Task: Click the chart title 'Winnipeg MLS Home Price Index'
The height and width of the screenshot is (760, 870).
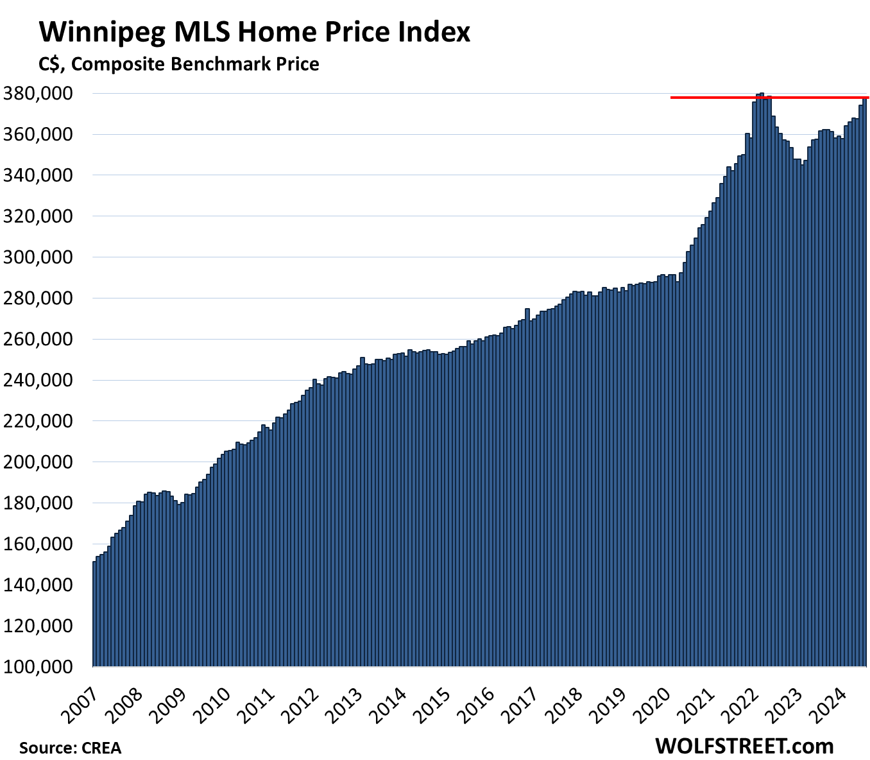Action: [x=255, y=32]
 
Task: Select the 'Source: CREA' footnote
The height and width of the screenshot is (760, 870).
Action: [x=70, y=748]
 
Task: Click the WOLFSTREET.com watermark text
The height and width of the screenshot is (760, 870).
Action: [x=744, y=746]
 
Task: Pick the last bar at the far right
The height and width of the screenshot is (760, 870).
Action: [x=865, y=385]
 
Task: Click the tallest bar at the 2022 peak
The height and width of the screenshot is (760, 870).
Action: [x=762, y=385]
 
